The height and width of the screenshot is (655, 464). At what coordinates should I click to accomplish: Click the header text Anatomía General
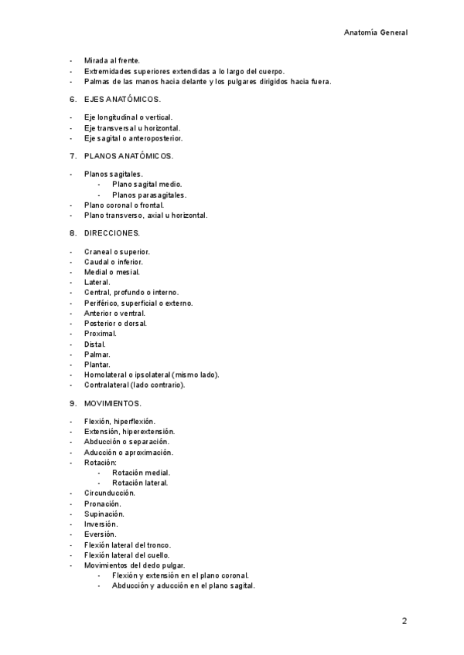(x=375, y=32)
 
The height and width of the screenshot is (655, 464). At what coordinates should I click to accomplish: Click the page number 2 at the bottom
(x=404, y=620)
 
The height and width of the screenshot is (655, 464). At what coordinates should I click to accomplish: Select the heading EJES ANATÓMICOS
(x=122, y=99)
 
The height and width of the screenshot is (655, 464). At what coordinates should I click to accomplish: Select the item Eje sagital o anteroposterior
(x=133, y=138)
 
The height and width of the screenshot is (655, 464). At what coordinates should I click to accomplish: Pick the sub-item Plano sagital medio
(x=147, y=185)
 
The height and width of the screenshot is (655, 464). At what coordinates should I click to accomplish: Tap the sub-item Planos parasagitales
(x=148, y=195)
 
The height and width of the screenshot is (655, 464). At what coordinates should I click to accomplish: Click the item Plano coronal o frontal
(x=124, y=205)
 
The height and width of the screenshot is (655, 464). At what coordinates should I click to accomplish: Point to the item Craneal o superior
(x=117, y=252)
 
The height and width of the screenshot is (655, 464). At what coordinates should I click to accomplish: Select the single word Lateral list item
(x=97, y=283)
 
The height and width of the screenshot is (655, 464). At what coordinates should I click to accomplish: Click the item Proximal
(x=101, y=334)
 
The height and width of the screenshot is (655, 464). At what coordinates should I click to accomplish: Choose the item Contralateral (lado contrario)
(x=135, y=385)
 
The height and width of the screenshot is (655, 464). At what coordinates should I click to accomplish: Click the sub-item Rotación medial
(x=141, y=473)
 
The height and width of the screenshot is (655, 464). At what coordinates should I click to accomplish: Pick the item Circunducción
(x=110, y=493)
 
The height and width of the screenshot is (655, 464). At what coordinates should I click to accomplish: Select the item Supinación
(x=104, y=514)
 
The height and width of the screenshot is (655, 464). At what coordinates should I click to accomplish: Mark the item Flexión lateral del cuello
(x=127, y=555)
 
